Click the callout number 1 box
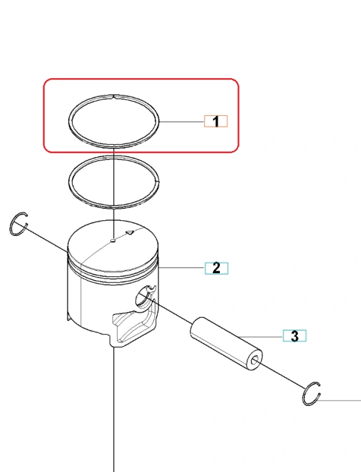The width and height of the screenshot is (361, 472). click(x=215, y=121)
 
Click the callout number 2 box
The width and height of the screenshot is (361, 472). click(x=216, y=268)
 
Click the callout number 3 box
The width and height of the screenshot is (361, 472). click(x=294, y=336)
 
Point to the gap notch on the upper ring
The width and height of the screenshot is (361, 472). click(x=114, y=96)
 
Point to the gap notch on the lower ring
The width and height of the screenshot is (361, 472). click(x=158, y=181)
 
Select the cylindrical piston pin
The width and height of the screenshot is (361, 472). click(x=226, y=344)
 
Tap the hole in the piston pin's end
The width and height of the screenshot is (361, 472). click(x=255, y=360)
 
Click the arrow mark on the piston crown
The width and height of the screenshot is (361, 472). click(x=130, y=232)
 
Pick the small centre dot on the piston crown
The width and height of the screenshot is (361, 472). click(x=113, y=240)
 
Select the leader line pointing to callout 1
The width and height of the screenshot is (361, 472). click(x=181, y=121)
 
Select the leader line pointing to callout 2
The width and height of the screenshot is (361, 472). click(x=181, y=267)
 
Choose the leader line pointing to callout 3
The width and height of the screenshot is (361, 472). click(x=260, y=336)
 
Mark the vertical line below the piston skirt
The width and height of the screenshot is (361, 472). click(x=114, y=410)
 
